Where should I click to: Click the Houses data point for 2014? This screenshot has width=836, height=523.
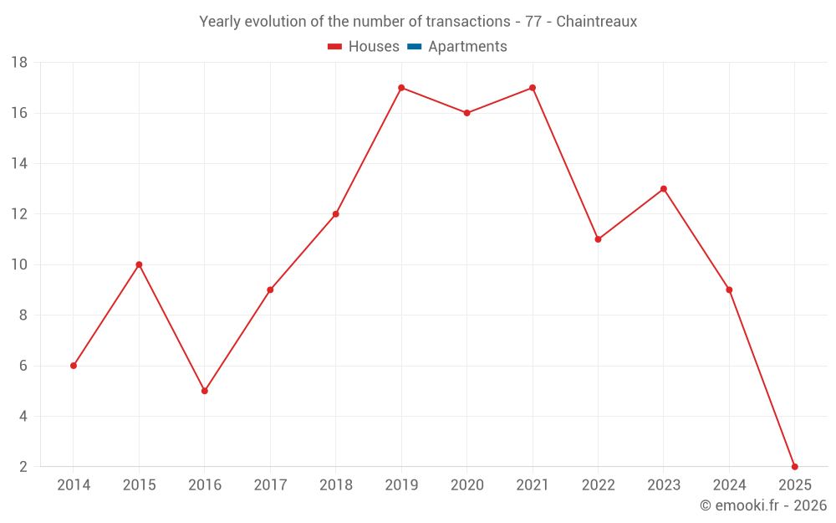click(x=74, y=366)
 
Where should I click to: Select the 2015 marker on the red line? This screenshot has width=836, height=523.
click(x=139, y=264)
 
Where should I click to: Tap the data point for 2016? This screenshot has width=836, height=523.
click(x=205, y=391)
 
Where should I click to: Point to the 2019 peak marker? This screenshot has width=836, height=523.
click(x=401, y=88)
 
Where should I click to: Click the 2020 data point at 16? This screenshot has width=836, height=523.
click(x=466, y=113)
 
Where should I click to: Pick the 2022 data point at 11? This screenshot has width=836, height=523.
click(x=598, y=239)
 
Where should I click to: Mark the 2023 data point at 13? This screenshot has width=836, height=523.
click(x=664, y=189)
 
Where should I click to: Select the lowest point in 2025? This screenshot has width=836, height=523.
click(x=795, y=467)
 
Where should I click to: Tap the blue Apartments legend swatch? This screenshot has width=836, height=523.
click(x=415, y=47)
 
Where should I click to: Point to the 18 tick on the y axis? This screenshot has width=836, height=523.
click(x=19, y=63)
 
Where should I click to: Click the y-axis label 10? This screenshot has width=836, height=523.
click(x=19, y=264)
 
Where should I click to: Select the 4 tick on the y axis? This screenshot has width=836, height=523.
click(x=23, y=416)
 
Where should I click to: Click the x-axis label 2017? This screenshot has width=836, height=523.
click(x=270, y=485)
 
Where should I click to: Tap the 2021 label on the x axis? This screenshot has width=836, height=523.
click(x=533, y=485)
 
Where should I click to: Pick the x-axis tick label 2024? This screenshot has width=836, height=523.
click(x=729, y=485)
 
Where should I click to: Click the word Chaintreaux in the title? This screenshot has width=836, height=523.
click(x=599, y=22)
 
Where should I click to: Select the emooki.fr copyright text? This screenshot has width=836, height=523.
click(x=763, y=505)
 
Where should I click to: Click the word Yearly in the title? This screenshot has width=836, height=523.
click(x=220, y=22)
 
